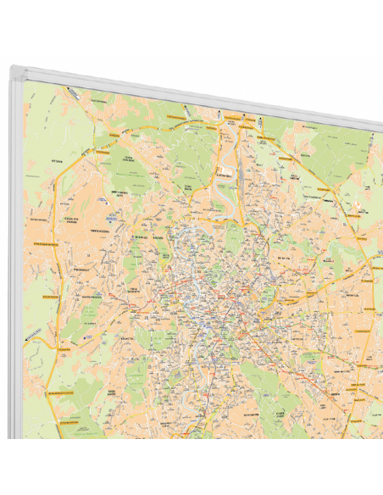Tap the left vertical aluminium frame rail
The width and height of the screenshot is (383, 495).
pyautogui.click(x=16, y=254)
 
